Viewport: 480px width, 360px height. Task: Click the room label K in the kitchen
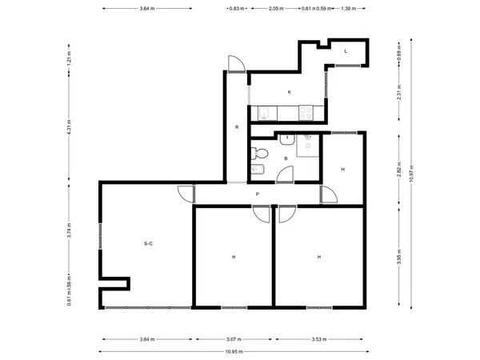pos(290,92)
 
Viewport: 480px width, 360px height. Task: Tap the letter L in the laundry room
pos(346,51)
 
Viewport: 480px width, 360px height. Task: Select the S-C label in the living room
pos(148,244)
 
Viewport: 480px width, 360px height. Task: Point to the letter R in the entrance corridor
pos(237,127)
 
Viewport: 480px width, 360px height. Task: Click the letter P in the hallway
pos(258,194)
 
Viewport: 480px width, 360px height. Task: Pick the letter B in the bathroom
pos(286,158)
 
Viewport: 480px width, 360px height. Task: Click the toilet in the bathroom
pos(259,153)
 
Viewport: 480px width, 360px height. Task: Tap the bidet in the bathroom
pos(258,170)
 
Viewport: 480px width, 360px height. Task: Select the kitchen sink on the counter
pos(267,114)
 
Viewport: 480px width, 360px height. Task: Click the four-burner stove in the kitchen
pos(306,113)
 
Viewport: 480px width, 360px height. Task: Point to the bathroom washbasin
pos(287,139)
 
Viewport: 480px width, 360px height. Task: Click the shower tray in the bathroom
pos(308,146)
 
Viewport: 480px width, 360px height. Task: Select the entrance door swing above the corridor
pos(236,64)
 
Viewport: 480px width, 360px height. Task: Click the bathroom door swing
pos(285,174)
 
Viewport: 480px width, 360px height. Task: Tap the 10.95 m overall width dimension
pos(234,352)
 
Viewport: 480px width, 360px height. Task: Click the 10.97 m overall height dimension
pos(411,174)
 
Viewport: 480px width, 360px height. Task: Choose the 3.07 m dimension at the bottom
pos(234,339)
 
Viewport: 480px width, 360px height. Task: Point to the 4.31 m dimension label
pos(69,127)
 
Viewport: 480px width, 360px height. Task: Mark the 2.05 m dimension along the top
pos(276,9)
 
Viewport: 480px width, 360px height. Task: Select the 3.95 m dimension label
pos(399,257)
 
